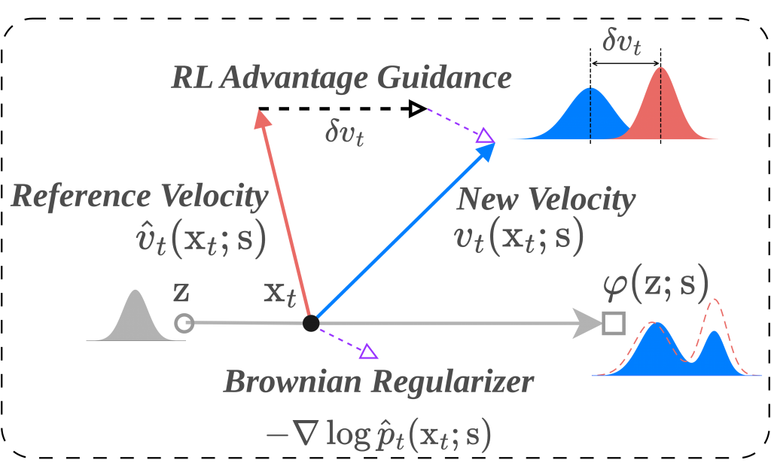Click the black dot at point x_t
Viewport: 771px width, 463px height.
310,324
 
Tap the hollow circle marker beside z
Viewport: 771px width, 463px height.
184,324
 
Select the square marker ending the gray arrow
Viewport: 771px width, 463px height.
614,324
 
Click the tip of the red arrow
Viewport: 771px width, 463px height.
261,114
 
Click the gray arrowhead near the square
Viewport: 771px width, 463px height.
587,324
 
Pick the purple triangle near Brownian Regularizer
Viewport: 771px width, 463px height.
369,351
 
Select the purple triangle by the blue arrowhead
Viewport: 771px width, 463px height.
484,136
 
